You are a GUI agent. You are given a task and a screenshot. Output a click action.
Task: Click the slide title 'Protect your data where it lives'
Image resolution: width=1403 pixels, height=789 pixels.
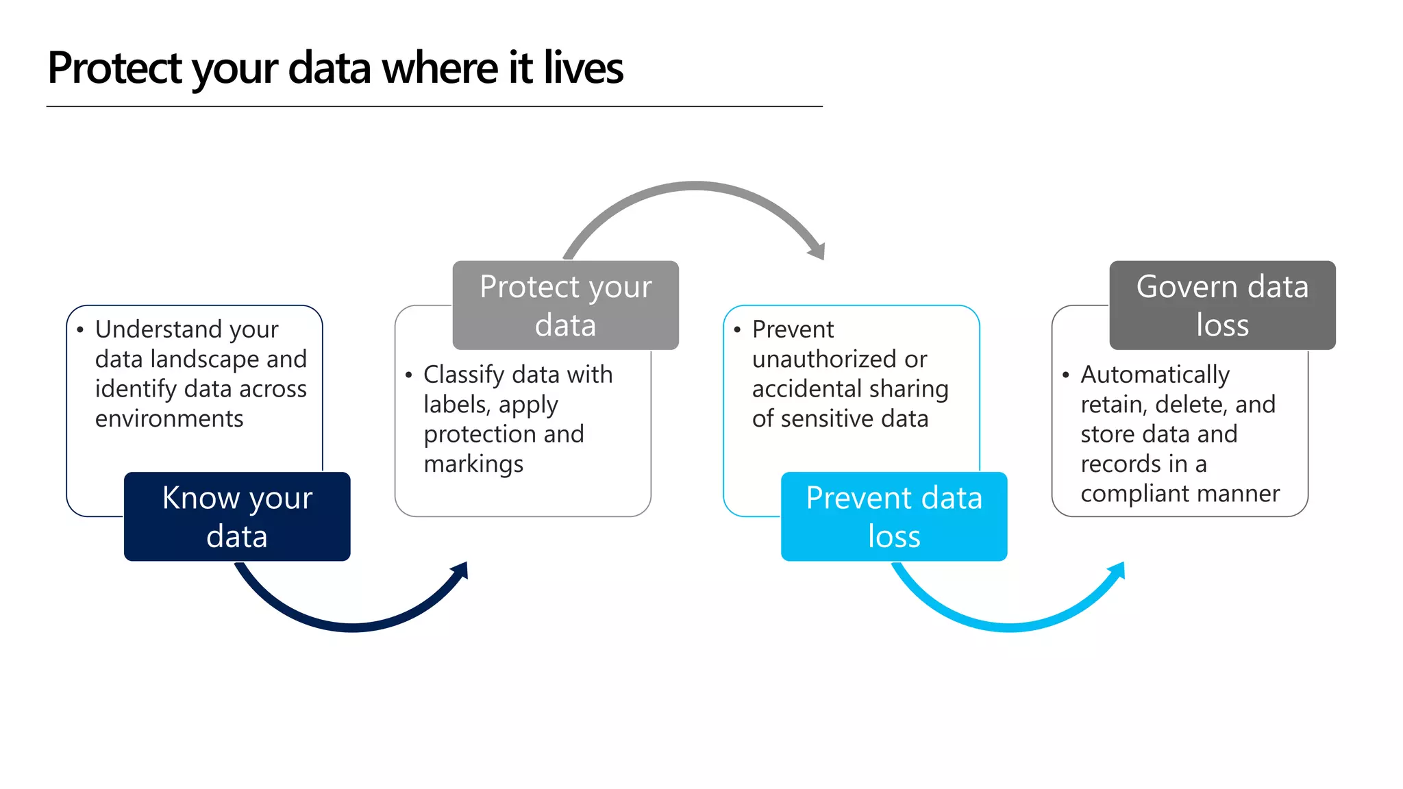(335, 68)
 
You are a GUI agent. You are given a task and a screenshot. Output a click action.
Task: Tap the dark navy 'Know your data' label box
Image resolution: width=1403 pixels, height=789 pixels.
(237, 516)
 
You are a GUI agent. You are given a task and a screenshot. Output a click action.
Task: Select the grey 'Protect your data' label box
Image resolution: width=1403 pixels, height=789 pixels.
(565, 305)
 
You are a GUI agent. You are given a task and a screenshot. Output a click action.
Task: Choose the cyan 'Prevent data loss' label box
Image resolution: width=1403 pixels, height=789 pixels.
(893, 516)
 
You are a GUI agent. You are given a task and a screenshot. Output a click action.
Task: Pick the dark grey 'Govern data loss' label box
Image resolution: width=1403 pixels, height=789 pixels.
(1222, 305)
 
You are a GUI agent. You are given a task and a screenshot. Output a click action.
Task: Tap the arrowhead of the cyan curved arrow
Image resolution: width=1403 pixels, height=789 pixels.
(1118, 571)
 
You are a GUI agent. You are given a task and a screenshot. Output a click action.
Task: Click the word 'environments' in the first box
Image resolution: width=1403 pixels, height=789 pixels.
(169, 418)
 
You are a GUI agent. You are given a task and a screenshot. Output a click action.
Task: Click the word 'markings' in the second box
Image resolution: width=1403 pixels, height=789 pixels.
(473, 464)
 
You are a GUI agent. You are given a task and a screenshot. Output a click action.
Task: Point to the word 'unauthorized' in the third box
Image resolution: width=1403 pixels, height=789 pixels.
(839, 359)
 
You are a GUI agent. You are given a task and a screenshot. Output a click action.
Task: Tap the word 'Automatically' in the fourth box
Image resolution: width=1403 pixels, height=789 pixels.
(1155, 375)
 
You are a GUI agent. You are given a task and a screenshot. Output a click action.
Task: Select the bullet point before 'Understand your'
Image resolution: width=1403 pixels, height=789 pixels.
(80, 330)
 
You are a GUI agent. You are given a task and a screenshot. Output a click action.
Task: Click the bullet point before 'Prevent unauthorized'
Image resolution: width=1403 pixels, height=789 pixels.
(737, 330)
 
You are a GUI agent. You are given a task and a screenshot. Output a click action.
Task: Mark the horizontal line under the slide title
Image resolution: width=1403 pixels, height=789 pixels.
(434, 107)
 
